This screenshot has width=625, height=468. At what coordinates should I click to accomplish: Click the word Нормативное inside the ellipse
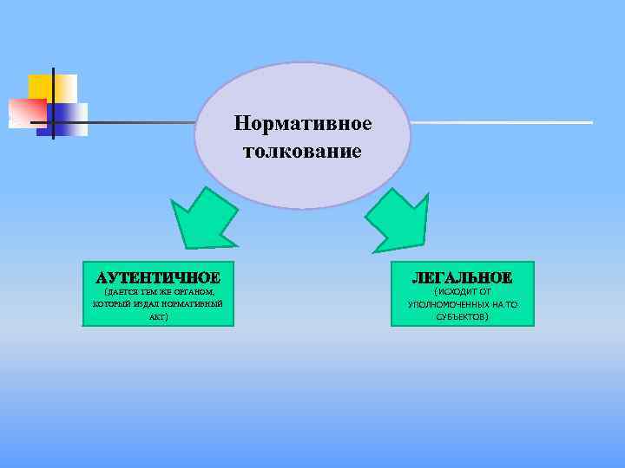tap(302, 124)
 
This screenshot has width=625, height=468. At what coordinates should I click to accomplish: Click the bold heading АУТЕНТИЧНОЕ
tap(158, 277)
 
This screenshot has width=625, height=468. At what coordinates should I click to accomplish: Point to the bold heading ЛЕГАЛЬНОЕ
tap(462, 277)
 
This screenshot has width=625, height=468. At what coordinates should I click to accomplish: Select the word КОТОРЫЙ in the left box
tap(110, 305)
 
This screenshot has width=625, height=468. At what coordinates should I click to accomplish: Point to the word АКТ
tap(157, 318)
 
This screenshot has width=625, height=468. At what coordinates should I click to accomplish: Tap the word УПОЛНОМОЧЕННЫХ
tap(444, 305)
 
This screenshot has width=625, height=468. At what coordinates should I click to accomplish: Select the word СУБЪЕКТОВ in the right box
tap(463, 318)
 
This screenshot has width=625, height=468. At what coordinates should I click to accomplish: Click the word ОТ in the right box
tap(484, 292)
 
